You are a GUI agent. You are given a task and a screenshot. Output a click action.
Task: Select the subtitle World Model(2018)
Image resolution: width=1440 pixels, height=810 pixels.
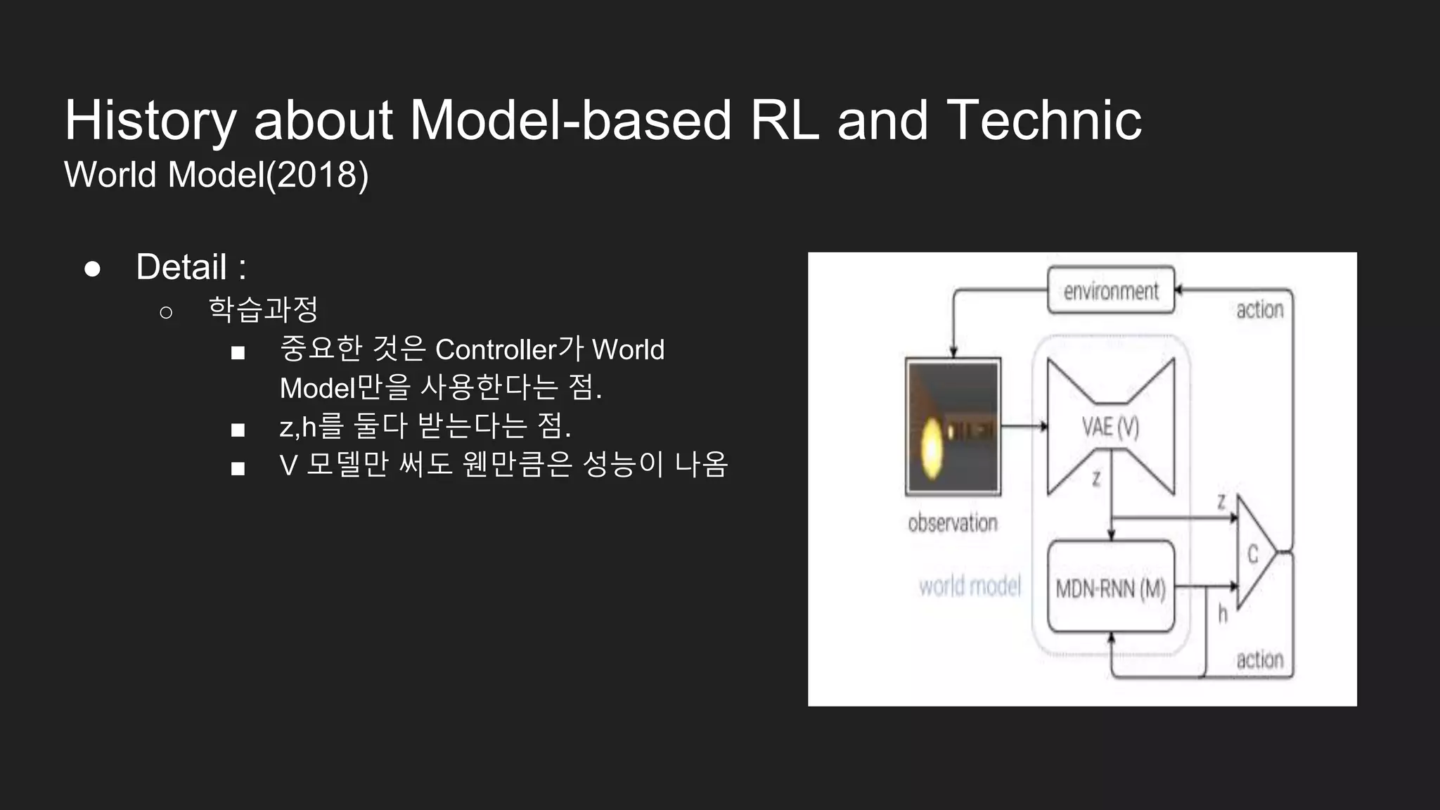pyautogui.click(x=217, y=174)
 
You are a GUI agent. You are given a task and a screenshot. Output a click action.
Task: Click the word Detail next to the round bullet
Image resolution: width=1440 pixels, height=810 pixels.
pyautogui.click(x=181, y=267)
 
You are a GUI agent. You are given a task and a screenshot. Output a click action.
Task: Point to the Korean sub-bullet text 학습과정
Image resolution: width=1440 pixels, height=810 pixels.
pyautogui.click(x=264, y=309)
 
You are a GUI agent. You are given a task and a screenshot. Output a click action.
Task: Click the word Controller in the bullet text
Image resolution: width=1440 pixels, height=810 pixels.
pyautogui.click(x=496, y=349)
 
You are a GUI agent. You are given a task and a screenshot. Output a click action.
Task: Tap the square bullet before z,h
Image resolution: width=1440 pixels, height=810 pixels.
pyautogui.click(x=238, y=430)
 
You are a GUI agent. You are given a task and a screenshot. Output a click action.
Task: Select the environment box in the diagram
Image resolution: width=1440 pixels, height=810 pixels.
pyautogui.click(x=1110, y=290)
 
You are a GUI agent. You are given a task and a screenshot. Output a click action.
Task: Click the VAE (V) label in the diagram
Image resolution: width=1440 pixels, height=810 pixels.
pyautogui.click(x=1110, y=427)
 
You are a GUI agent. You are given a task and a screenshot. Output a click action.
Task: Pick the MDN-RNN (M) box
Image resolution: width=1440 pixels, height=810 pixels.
pyautogui.click(x=1110, y=588)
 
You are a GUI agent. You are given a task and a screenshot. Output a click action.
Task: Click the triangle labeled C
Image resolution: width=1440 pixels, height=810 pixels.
pyautogui.click(x=1254, y=554)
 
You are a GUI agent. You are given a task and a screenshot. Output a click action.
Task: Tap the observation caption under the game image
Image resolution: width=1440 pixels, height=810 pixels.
pyautogui.click(x=953, y=523)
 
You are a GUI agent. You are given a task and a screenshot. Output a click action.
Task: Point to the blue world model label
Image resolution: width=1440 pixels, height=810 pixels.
pyautogui.click(x=970, y=586)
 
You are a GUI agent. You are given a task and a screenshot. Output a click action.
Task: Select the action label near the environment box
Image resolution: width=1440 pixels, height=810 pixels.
pyautogui.click(x=1259, y=310)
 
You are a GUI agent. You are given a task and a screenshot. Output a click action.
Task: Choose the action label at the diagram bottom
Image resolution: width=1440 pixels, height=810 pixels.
pyautogui.click(x=1259, y=660)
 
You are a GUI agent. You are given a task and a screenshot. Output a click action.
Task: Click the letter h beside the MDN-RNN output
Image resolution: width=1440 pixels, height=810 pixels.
pyautogui.click(x=1223, y=614)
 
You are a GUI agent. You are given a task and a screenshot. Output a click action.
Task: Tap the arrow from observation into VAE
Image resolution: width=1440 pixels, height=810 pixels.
pyautogui.click(x=1024, y=427)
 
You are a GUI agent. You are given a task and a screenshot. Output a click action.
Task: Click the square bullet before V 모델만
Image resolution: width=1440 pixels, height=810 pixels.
pyautogui.click(x=238, y=468)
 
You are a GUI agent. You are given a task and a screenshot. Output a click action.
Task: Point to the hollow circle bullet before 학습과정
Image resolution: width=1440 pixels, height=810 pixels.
pyautogui.click(x=166, y=311)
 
